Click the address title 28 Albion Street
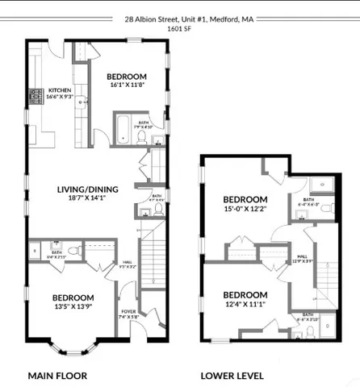point(179,18)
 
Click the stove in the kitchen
point(36,96)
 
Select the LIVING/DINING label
point(87,190)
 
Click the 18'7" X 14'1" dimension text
point(87,198)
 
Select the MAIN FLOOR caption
point(57,376)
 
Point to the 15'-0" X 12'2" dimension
point(245,210)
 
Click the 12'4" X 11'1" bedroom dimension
point(245,304)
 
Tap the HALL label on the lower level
point(302,256)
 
